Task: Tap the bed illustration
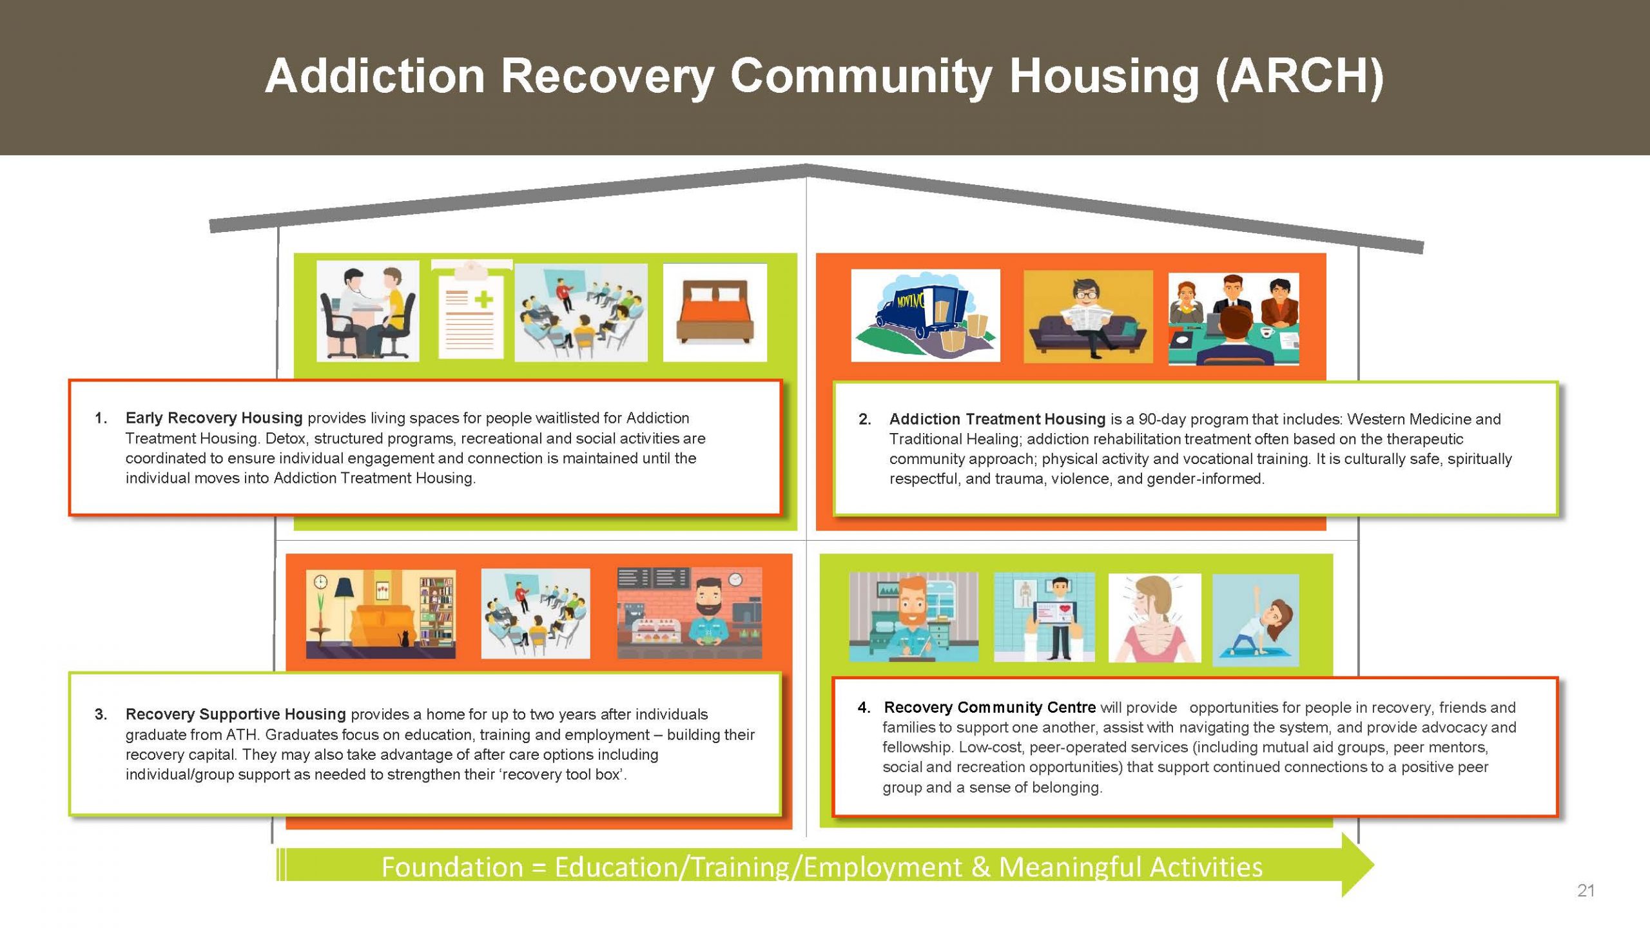tap(715, 312)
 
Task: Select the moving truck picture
tap(925, 316)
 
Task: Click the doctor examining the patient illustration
tap(367, 312)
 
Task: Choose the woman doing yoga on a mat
tap(1255, 620)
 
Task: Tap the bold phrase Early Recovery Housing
tap(213, 418)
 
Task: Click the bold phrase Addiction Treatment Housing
tap(996, 420)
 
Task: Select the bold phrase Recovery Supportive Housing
tap(235, 715)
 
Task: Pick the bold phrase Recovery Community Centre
tap(989, 708)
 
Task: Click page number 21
tap(1586, 891)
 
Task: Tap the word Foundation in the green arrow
tap(452, 867)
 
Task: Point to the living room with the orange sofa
tap(380, 614)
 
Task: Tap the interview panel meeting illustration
tap(1233, 318)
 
